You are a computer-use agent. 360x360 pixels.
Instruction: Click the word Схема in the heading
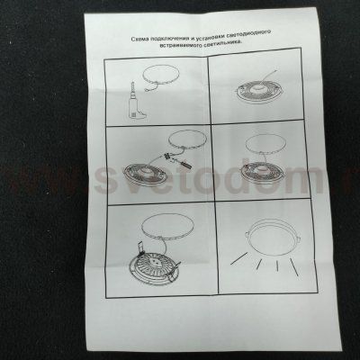click(139, 39)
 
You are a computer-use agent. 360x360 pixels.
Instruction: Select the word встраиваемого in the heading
click(179, 47)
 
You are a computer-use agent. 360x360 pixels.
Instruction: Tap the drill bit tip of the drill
click(132, 81)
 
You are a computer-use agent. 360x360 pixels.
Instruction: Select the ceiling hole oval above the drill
click(161, 76)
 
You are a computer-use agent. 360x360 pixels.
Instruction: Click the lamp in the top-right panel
click(256, 92)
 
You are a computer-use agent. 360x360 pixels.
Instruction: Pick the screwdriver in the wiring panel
click(183, 164)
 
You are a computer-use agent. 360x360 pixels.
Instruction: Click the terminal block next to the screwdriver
click(166, 156)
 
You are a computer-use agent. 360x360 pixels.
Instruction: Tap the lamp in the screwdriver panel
click(146, 175)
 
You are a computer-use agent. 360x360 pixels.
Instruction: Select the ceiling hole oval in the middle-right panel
click(263, 144)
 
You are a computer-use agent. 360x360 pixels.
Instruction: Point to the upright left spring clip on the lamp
click(140, 247)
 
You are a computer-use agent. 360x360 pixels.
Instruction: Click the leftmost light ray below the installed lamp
click(238, 258)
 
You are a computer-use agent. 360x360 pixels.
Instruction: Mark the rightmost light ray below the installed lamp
click(294, 267)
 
